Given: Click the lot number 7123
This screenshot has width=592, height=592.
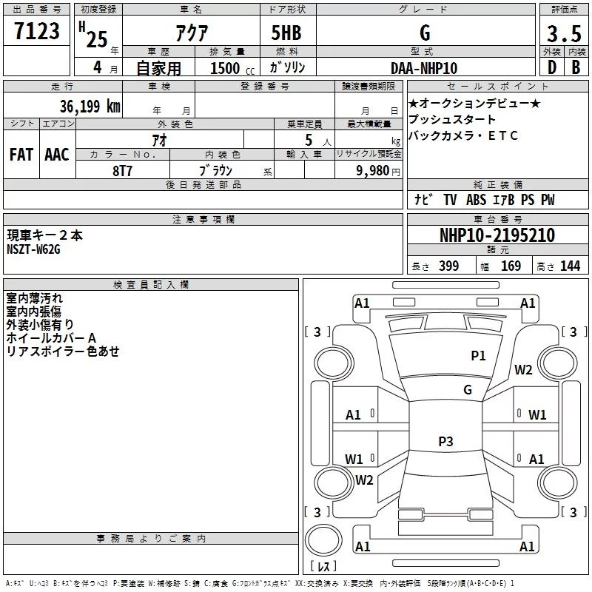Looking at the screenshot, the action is (x=38, y=33).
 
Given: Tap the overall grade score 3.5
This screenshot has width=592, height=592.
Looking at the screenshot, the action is (x=564, y=33).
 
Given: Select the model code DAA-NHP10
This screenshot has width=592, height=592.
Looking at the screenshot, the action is (x=424, y=67).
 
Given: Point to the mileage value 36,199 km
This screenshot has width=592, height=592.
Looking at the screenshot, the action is (x=90, y=107).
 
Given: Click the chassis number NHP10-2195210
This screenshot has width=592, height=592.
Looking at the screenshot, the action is (x=497, y=235).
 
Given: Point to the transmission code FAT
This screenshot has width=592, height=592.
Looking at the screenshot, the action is (x=21, y=154).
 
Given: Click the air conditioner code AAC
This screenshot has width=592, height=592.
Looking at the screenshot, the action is (x=56, y=154).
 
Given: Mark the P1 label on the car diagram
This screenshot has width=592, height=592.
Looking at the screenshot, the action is (x=479, y=356).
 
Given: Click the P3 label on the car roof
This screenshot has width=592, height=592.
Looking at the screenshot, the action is (x=445, y=442).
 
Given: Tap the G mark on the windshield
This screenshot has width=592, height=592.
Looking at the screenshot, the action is (x=468, y=389).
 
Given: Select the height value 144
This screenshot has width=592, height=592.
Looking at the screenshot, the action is (x=570, y=266).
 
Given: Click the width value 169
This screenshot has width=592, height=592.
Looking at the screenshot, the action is (x=511, y=266).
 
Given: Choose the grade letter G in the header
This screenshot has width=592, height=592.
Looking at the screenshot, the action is (x=424, y=33).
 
